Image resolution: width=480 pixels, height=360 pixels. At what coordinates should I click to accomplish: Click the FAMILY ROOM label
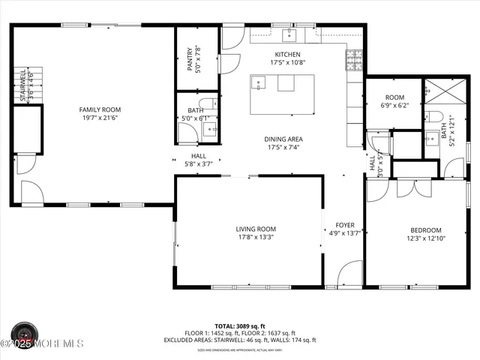click(100, 109)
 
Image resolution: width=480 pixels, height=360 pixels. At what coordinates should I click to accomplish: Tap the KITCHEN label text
click(287, 55)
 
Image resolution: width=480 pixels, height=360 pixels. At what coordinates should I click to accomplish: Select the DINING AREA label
click(283, 139)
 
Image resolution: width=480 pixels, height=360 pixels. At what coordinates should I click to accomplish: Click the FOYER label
click(344, 225)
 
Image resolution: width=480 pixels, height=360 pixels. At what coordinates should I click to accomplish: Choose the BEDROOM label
click(425, 230)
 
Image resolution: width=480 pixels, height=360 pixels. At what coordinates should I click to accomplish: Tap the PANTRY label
click(190, 59)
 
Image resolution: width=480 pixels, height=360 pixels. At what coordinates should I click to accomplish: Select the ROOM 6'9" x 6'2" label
click(394, 97)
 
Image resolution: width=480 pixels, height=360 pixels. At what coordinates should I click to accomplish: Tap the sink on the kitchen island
click(259, 83)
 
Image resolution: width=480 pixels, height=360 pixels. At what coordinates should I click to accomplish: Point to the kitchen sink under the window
click(290, 35)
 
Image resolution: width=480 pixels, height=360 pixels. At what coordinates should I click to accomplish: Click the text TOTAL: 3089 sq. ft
click(239, 326)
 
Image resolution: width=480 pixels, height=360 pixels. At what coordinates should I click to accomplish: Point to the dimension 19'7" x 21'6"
click(100, 118)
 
